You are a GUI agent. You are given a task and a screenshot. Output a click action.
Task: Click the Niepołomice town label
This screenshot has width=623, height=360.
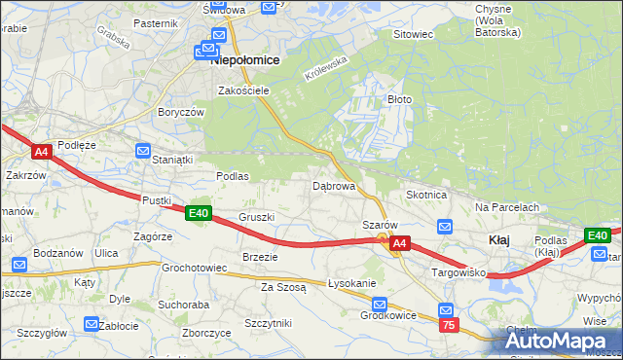pos(246,60)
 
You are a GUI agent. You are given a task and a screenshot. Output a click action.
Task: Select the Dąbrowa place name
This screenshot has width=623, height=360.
pos(333,185)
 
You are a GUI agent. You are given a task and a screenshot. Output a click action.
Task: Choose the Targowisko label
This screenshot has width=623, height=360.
pos(458,273)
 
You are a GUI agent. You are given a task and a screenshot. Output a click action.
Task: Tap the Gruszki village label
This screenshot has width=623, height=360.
pos(257,217)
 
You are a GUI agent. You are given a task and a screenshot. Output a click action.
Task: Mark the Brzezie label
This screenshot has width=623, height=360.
pos(260,257)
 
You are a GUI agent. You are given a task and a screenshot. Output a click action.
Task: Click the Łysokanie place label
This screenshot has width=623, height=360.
pos(351,283)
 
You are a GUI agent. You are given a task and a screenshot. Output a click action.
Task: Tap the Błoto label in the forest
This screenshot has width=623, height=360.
pos(400,99)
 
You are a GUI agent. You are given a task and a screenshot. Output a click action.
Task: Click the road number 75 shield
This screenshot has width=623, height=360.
pos(448,325)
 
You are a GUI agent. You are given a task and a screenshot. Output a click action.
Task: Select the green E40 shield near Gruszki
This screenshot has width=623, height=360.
pos(199,213)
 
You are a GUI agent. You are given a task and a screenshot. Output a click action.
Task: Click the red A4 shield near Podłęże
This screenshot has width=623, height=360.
pos(41,152)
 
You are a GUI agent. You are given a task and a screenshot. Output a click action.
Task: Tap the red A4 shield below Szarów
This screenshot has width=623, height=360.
pos(400,246)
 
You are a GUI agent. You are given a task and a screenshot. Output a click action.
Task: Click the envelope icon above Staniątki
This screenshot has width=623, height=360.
pos(143,151)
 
